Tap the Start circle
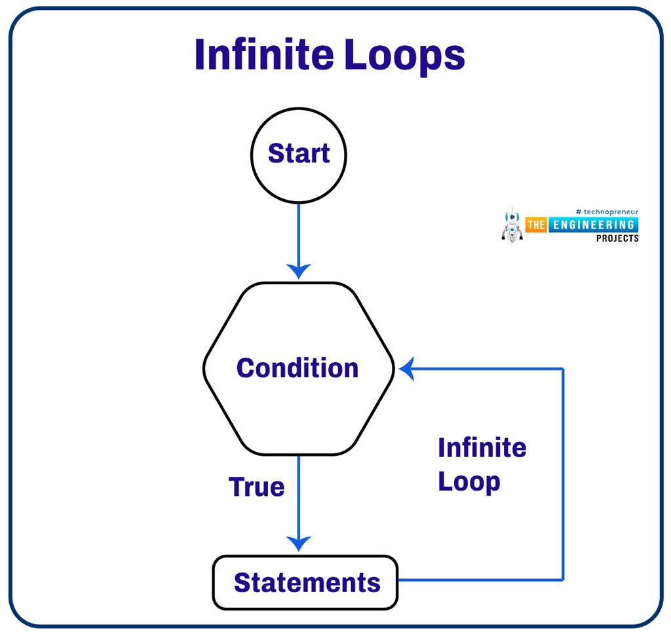(x=299, y=155)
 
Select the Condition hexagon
(x=298, y=368)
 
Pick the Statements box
(x=305, y=582)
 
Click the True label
(x=256, y=487)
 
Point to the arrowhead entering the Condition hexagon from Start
(x=299, y=270)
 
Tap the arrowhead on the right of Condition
(x=408, y=369)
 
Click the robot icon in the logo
(x=511, y=226)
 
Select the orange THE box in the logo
(x=536, y=225)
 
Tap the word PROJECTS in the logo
(x=617, y=238)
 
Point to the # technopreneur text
(x=606, y=212)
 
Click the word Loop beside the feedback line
(x=469, y=483)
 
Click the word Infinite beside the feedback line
(x=482, y=448)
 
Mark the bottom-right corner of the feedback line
(x=563, y=580)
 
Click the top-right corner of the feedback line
(x=563, y=369)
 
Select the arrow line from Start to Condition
(x=299, y=236)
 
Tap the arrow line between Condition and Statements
(x=299, y=498)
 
